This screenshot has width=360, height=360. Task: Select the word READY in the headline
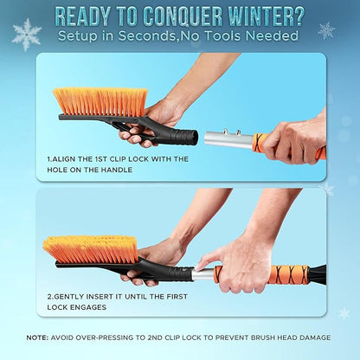point(87,16)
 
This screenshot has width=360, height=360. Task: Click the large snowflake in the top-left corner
point(26,34)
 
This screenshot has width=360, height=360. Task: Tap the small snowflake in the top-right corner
point(326,30)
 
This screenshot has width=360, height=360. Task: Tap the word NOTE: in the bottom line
point(37,337)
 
